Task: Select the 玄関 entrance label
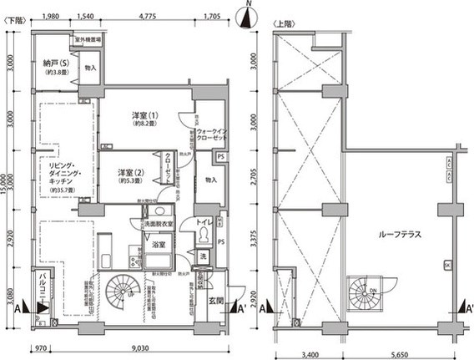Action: point(214,298)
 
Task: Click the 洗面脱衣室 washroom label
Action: point(157,225)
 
